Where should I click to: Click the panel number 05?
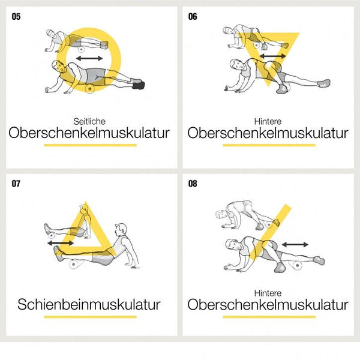click(x=16, y=17)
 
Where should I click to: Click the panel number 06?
click(x=193, y=17)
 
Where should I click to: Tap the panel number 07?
click(x=16, y=184)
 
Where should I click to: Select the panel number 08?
click(x=193, y=184)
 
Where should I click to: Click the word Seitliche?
click(x=89, y=121)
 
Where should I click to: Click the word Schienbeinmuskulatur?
click(x=89, y=304)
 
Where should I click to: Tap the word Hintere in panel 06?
click(x=268, y=121)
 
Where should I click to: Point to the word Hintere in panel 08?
click(x=268, y=293)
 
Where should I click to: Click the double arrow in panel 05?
click(x=89, y=58)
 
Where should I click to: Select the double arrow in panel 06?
click(x=273, y=56)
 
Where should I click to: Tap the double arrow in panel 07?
click(x=61, y=243)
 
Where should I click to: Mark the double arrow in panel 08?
click(x=295, y=245)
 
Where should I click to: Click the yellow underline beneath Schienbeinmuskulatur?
click(x=91, y=317)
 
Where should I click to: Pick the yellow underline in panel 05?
click(x=91, y=145)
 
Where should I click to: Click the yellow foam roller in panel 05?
click(x=89, y=89)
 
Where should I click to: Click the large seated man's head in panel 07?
click(x=121, y=230)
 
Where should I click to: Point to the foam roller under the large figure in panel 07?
click(x=74, y=264)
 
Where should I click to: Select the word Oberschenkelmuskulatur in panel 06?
click(x=268, y=133)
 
